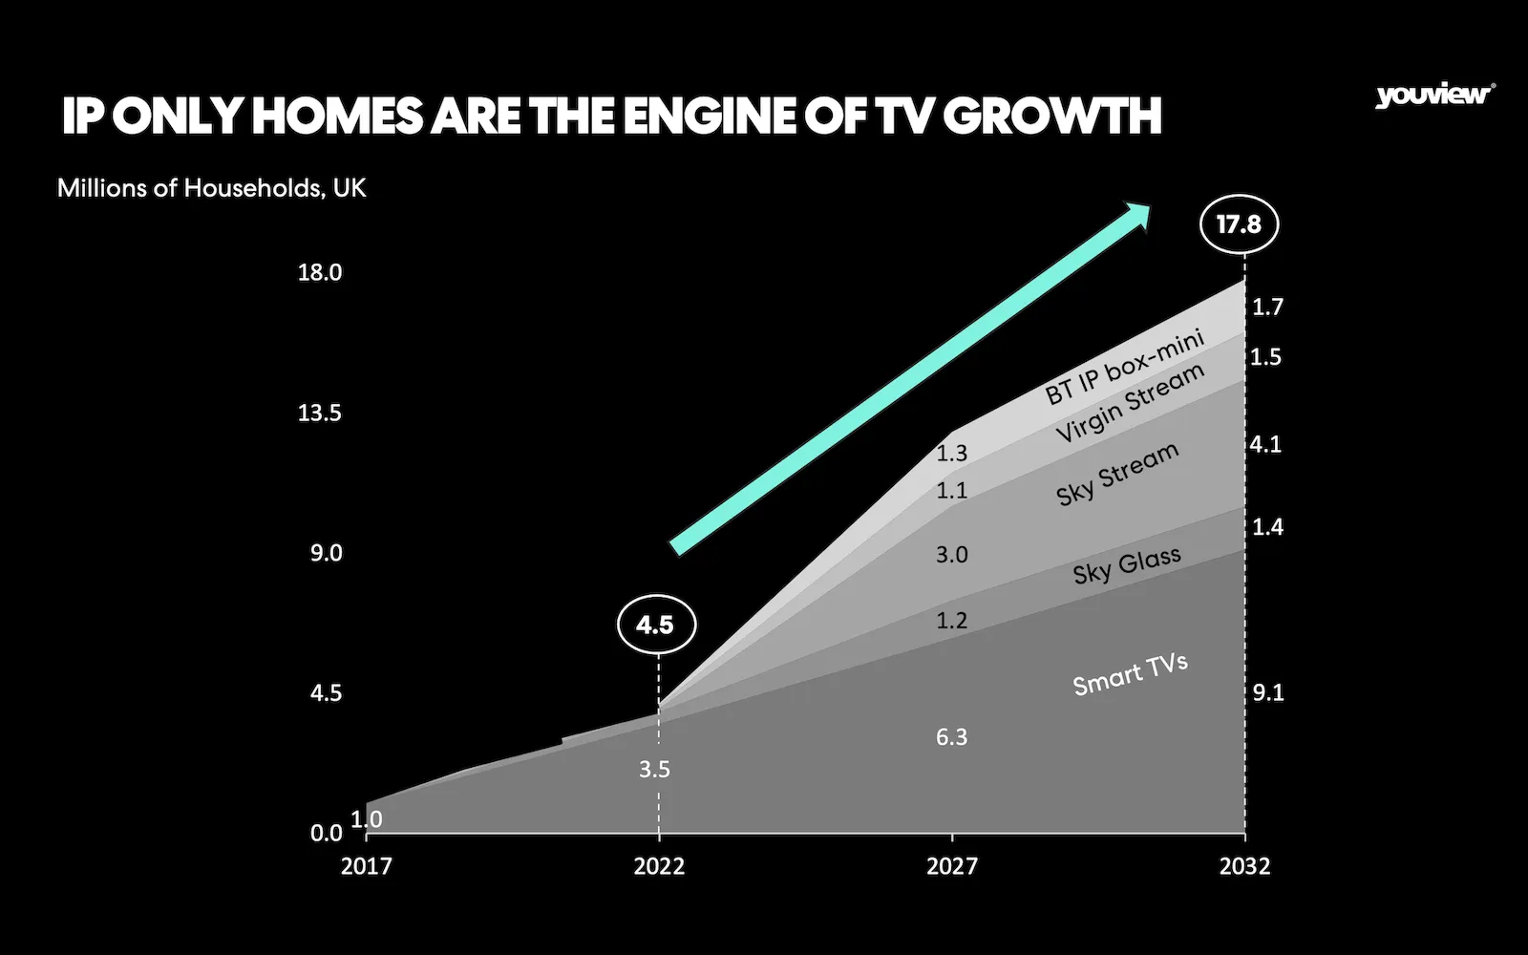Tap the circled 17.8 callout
1239,224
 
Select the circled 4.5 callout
655,626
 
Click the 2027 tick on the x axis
952,866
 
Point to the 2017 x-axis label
367,866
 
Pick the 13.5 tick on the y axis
320,413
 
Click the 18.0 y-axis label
320,272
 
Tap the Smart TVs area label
1130,674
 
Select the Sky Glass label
1127,565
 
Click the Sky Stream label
1117,474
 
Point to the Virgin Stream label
1130,404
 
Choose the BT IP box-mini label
1124,367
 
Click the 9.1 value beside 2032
1268,693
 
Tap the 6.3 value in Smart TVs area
952,736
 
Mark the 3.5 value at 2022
655,769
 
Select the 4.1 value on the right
1266,444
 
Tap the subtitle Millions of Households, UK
212,187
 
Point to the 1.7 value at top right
1267,307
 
